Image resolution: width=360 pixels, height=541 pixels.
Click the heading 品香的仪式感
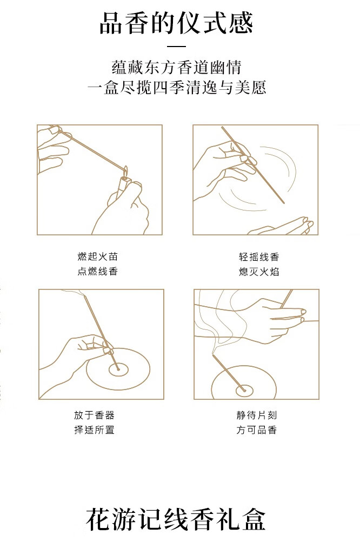(x=176, y=23)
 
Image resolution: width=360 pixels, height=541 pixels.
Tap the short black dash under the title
(x=176, y=46)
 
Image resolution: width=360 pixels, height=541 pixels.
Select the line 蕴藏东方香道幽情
(x=176, y=67)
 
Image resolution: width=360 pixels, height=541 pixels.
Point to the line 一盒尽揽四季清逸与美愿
(x=176, y=87)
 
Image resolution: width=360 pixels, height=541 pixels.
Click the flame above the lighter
(x=125, y=170)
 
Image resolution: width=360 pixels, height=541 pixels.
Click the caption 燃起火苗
(x=98, y=256)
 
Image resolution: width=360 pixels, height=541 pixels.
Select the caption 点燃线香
(x=98, y=271)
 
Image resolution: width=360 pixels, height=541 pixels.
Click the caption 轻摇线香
(x=258, y=256)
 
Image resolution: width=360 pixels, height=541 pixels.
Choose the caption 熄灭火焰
(x=258, y=272)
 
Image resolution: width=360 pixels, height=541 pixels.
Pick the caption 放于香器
(x=94, y=415)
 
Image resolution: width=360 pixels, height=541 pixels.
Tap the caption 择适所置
(x=94, y=430)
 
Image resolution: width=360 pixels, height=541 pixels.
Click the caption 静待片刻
(x=257, y=415)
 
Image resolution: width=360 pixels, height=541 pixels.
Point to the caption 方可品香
(x=257, y=430)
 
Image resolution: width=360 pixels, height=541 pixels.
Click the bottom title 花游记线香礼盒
(x=176, y=519)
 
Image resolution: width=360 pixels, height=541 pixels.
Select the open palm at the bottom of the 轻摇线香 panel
(x=281, y=227)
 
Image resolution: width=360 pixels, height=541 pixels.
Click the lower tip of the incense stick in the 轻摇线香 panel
(x=284, y=203)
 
